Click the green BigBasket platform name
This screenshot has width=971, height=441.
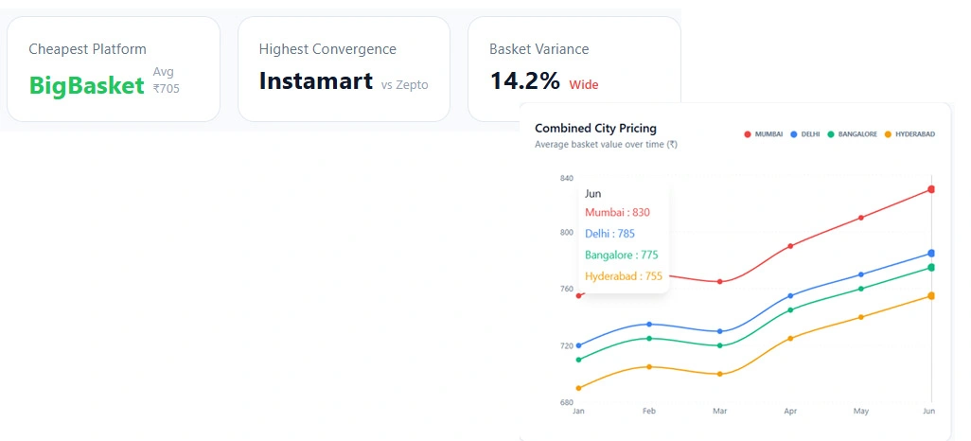(86, 86)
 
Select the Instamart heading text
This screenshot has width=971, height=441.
(315, 81)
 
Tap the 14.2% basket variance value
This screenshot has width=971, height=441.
(524, 81)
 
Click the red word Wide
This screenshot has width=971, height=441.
(583, 85)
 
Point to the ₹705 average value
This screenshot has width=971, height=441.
(166, 89)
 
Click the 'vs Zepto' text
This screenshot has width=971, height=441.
(404, 85)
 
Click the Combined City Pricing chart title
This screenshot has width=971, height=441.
(595, 128)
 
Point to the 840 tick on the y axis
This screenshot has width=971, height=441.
(567, 178)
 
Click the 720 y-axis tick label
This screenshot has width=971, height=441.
(567, 345)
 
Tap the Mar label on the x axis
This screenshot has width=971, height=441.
(719, 412)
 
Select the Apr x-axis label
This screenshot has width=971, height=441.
(790, 412)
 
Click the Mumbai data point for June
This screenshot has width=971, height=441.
(931, 189)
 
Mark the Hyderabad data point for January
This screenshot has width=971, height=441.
(578, 388)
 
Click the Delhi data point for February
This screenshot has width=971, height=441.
(648, 325)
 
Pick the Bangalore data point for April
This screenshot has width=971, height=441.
(790, 309)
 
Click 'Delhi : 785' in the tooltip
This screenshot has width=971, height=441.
(609, 234)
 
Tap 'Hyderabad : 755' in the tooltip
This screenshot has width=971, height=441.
(624, 276)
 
